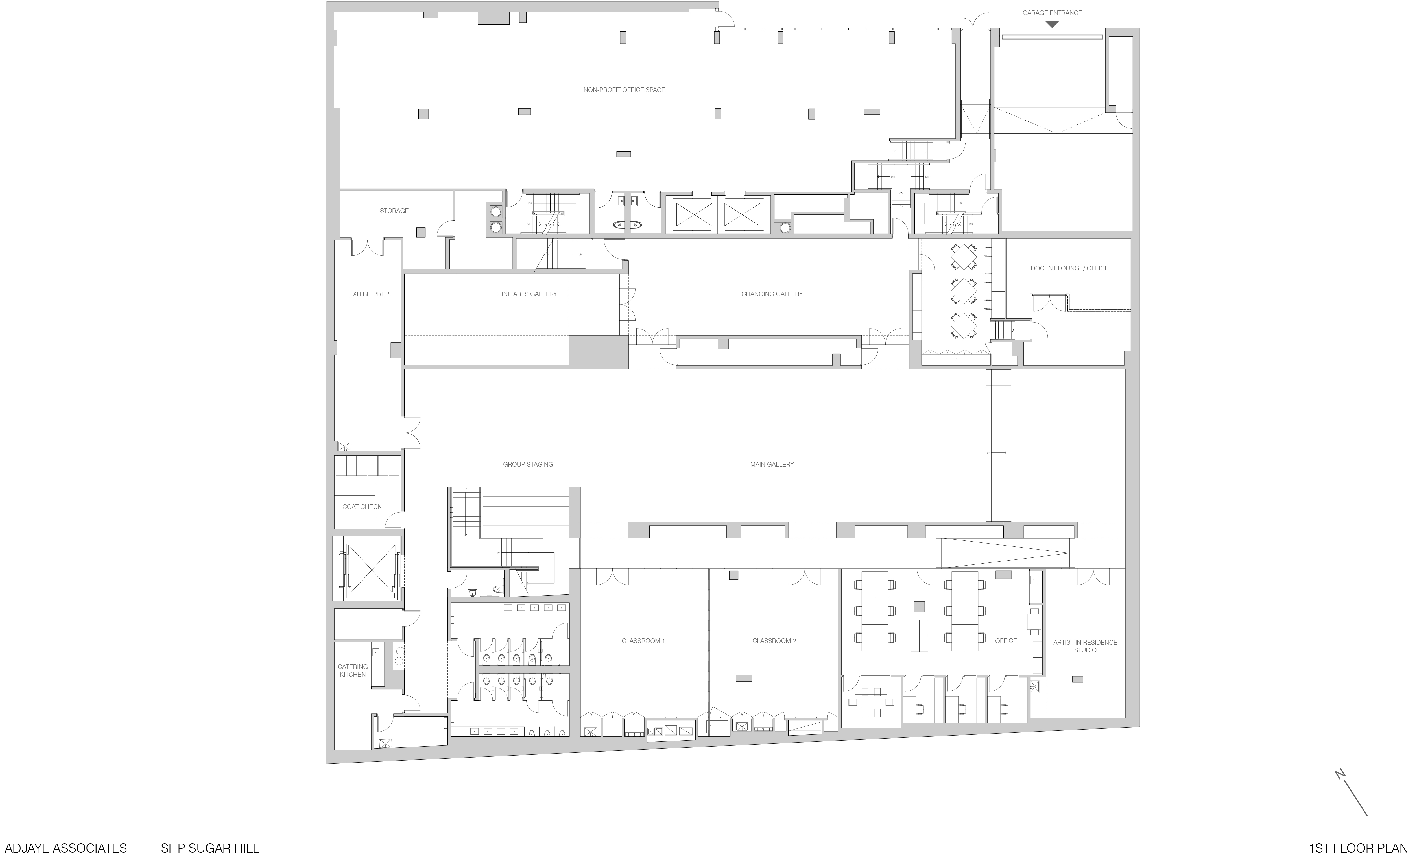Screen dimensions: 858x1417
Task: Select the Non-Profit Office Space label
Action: (x=624, y=90)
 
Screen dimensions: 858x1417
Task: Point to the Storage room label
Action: (x=394, y=211)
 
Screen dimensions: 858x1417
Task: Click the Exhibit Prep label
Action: (x=369, y=294)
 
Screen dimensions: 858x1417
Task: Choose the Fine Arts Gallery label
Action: (x=527, y=294)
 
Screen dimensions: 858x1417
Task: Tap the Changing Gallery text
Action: (x=772, y=294)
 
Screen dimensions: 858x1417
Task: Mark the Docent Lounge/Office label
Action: (x=1069, y=268)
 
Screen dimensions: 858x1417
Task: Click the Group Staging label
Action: (x=528, y=464)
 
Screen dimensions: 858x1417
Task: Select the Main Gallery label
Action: (x=772, y=464)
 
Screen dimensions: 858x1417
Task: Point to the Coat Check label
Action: (x=362, y=507)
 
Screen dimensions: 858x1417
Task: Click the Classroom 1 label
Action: (x=643, y=641)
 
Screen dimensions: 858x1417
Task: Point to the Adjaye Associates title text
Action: (x=65, y=848)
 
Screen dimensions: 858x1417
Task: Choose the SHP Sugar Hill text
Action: (x=210, y=848)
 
